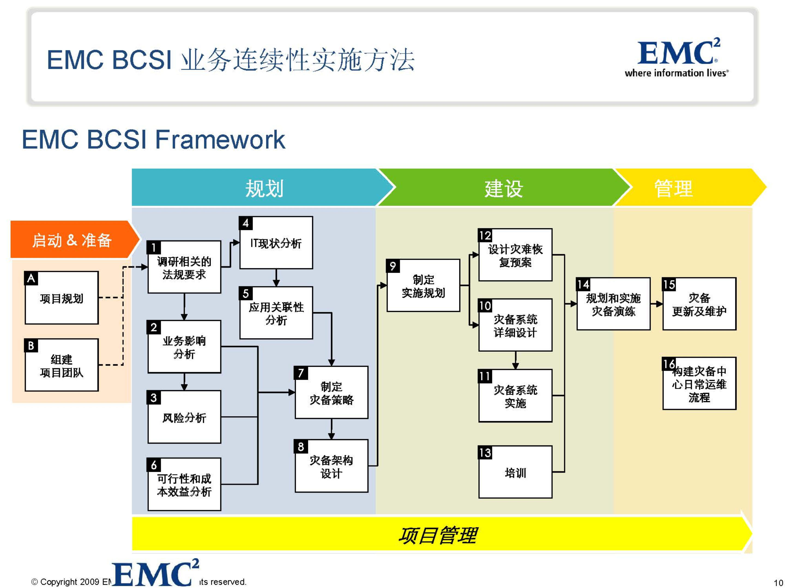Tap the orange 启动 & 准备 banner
coord(72,240)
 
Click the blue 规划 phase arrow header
coord(264,188)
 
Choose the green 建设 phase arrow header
coord(504,188)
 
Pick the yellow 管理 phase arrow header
coord(673,188)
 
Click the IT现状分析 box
coord(276,243)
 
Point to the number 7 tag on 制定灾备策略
coord(301,373)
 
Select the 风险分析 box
coord(184,417)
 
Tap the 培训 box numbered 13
coord(515,472)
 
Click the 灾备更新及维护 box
coord(699,304)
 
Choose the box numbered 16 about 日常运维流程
coord(699,384)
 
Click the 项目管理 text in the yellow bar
coord(437,535)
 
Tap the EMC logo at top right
coord(677,57)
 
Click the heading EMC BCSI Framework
coord(153,139)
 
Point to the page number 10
coord(778,583)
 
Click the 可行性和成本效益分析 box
coord(184,485)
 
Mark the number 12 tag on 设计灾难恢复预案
coord(485,235)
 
